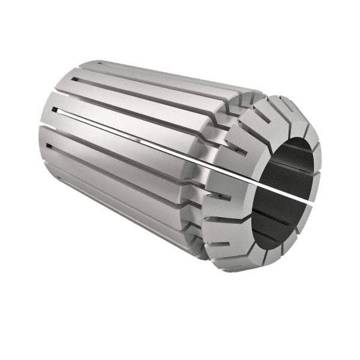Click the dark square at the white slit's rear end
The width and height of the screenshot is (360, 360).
coord(55,110)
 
